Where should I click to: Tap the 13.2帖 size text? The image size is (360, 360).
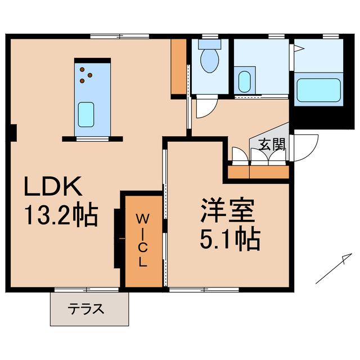[x=61, y=215]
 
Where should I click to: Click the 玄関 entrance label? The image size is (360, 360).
[x=272, y=145]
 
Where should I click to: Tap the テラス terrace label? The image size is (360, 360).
[x=86, y=308]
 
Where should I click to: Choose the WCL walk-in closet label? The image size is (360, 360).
[x=143, y=239]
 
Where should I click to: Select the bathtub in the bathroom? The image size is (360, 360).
[x=318, y=91]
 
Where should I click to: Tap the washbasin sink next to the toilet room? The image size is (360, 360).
[x=244, y=82]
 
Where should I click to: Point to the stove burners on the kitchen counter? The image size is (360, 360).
[x=85, y=75]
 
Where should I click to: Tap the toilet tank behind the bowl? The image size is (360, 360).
[x=210, y=43]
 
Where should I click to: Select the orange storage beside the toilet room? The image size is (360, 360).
[x=179, y=66]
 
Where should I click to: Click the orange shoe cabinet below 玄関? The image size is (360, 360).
[x=258, y=171]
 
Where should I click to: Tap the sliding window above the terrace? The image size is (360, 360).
[x=87, y=290]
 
